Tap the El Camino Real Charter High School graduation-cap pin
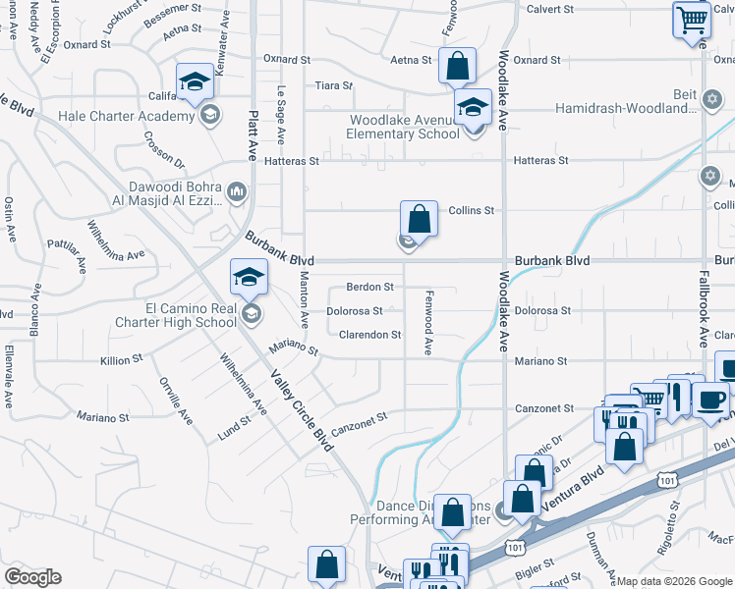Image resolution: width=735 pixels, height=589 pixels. pos(250,278)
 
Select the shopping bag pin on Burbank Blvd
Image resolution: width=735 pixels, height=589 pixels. pos(419,221)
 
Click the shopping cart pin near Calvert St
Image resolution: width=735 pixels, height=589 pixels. pos(692,20)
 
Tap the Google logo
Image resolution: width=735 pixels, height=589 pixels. pos(32,577)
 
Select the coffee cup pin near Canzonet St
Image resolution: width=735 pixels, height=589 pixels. pos(710,400)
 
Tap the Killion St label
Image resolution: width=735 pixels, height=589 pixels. pos(122,360)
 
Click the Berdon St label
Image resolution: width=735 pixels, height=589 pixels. pos(369,288)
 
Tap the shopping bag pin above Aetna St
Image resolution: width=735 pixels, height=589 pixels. pos(456,67)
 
